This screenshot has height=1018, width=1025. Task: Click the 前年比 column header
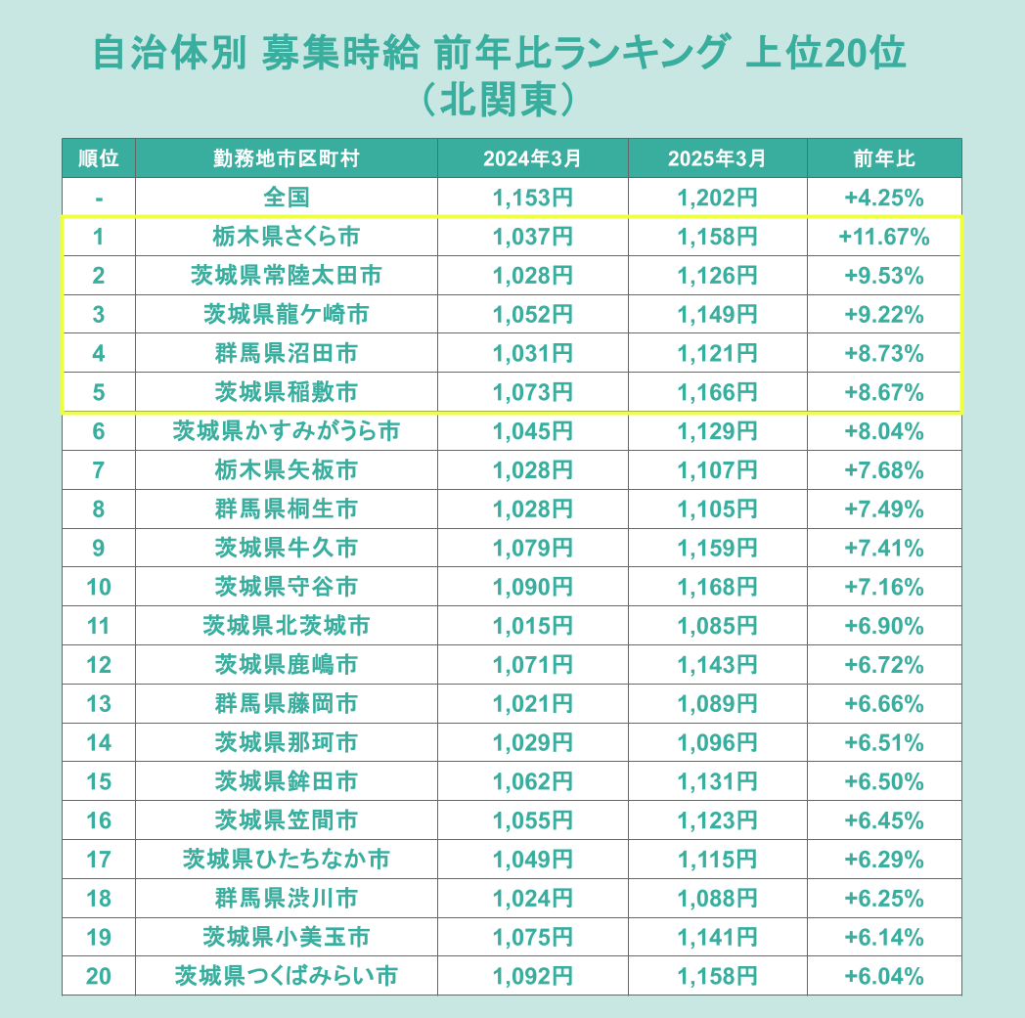click(x=883, y=158)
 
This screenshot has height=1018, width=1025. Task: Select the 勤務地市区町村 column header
click(x=286, y=158)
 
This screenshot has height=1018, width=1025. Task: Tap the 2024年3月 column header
click(x=532, y=158)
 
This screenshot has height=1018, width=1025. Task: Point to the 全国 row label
click(x=286, y=198)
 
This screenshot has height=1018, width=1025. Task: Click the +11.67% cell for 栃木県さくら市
click(x=883, y=237)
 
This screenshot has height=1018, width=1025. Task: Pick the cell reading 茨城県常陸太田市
click(x=286, y=276)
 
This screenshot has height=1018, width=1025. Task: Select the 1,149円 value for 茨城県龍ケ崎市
click(x=717, y=315)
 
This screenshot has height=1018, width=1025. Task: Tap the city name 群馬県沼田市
click(x=286, y=354)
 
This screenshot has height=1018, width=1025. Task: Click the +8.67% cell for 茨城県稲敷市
click(x=883, y=393)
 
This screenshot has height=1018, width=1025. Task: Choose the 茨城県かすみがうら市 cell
click(x=286, y=431)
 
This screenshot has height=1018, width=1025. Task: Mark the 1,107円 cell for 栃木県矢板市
click(x=717, y=470)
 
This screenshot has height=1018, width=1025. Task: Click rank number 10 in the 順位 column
click(x=98, y=587)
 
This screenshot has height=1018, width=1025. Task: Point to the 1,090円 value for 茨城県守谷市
click(x=532, y=587)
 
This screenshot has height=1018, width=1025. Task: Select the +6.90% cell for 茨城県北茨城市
click(x=883, y=626)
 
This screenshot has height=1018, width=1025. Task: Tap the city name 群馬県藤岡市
click(x=286, y=704)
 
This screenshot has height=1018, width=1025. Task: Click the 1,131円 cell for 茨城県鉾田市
click(x=717, y=781)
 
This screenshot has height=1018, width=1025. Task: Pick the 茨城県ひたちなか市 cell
click(x=286, y=860)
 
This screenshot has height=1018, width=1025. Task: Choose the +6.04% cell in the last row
click(x=883, y=976)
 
